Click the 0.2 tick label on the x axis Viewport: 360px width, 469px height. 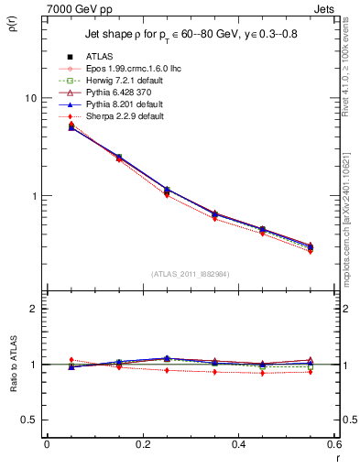click(142, 443)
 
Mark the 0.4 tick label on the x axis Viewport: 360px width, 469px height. click(238, 443)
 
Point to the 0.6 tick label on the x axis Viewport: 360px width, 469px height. click(333, 443)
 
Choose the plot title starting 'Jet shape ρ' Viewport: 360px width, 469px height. click(190, 34)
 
